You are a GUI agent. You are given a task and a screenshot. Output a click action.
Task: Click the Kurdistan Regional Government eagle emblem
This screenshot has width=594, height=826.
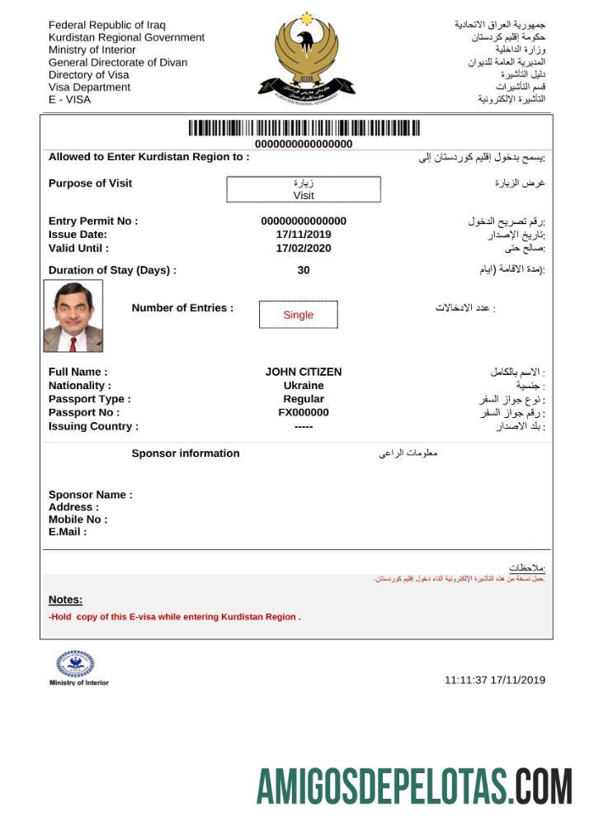[306, 57]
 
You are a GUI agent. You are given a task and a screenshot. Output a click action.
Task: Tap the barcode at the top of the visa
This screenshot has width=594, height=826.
[304, 128]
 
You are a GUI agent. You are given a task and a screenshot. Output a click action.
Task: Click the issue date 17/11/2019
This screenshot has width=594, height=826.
[303, 235]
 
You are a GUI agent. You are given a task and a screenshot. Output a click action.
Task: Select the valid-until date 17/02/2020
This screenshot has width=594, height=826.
[303, 248]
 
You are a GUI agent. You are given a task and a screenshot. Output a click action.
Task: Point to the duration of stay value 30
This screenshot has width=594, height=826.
[303, 270]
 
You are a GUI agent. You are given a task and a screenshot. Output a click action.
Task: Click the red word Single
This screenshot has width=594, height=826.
[298, 315]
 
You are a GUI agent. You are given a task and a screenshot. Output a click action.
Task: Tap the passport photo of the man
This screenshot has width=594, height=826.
[73, 316]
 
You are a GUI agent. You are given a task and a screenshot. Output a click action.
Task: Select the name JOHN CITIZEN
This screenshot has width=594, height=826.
[303, 373]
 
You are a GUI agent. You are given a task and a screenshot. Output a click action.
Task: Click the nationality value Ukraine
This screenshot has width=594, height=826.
[303, 386]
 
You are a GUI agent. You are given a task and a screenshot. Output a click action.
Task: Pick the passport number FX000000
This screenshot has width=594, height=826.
[303, 413]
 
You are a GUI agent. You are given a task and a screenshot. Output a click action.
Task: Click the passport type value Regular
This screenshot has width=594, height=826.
[303, 399]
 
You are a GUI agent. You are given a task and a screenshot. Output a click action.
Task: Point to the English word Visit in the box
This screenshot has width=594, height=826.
[304, 196]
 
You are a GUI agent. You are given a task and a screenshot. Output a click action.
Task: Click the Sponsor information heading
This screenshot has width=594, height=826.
[186, 453]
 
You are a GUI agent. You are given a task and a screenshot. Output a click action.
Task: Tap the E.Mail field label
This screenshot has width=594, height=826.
[68, 532]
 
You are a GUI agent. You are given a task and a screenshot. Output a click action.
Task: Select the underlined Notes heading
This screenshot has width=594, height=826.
[65, 600]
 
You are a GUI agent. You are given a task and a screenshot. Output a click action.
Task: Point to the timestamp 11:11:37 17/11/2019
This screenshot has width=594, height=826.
[495, 680]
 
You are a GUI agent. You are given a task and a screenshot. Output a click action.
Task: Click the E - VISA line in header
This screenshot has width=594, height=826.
[70, 100]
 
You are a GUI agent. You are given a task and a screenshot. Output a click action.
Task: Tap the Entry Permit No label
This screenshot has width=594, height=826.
[93, 221]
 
